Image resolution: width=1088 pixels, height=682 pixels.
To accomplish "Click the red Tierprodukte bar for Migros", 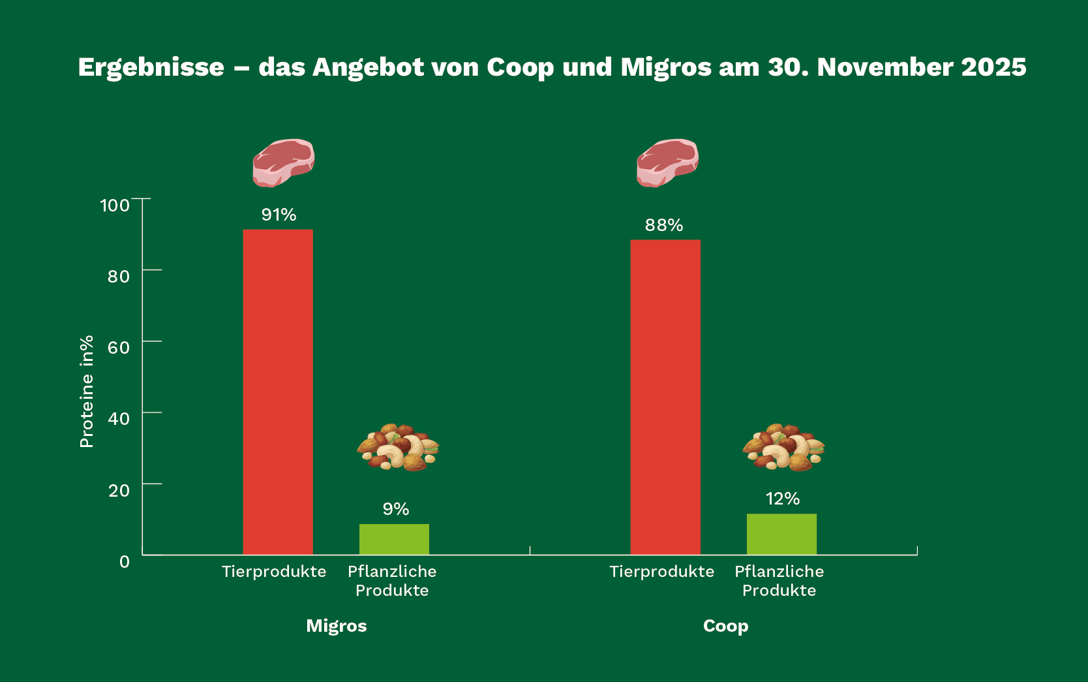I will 278,392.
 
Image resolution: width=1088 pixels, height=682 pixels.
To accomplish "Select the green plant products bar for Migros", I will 394,539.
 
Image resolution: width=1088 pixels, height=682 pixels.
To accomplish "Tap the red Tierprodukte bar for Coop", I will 665,397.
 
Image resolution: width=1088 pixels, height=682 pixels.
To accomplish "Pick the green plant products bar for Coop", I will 781,534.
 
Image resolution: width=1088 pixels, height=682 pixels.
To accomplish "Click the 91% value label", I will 279,215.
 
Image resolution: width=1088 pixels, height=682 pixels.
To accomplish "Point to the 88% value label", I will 664,225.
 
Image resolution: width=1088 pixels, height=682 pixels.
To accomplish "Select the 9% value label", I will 395,509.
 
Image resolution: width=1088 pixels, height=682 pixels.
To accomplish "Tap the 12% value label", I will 782,499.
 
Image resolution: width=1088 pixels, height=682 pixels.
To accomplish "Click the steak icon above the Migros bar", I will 284,163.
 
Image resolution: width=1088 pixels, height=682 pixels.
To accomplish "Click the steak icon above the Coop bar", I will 667,163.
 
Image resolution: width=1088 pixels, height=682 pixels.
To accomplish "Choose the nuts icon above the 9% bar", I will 397,448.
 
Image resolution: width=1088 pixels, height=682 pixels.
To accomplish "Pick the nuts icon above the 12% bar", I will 783,448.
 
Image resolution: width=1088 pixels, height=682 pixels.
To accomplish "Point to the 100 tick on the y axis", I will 115,206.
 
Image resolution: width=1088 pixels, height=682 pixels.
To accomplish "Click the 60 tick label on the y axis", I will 119,348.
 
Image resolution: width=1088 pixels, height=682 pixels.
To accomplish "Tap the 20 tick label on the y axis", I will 119,490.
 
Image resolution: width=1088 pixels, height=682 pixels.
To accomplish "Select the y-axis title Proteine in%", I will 87,392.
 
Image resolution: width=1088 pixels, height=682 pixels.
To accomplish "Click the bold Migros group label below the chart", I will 337,626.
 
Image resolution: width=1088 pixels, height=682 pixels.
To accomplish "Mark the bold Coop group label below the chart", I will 725,626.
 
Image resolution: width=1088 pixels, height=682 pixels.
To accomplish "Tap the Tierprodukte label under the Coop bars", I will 661,572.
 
